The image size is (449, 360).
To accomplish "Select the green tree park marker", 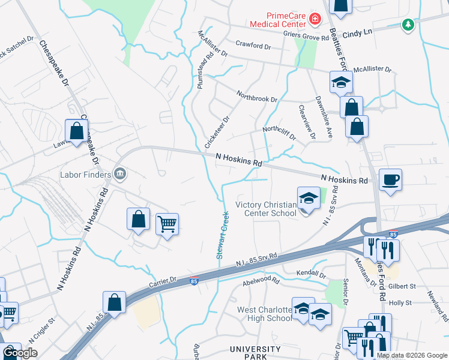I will tap(408, 25).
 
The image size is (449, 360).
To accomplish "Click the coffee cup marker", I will tap(390, 180).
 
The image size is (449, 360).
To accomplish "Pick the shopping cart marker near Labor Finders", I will tap(167, 224).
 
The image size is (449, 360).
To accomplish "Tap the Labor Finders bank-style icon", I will tap(119, 175).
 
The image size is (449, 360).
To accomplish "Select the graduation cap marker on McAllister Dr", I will tap(341, 82).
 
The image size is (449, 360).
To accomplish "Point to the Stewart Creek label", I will tap(221, 235).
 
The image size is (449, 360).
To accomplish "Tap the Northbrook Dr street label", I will tap(257, 96).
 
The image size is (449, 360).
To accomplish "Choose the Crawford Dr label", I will tap(249, 45).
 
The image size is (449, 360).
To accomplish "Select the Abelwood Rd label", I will tap(261, 280).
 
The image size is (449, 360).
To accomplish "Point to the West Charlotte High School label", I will tap(264, 314).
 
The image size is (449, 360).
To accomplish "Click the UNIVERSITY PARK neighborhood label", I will tap(256, 352).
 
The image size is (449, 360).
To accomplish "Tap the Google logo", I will tap(20, 353).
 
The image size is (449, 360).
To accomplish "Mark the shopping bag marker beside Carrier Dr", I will tap(114, 302).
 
